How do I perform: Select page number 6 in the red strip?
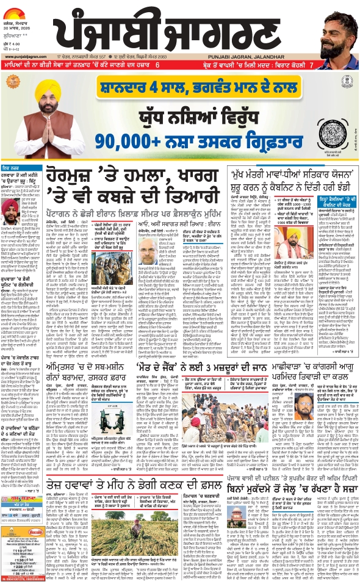[x=157, y=65]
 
